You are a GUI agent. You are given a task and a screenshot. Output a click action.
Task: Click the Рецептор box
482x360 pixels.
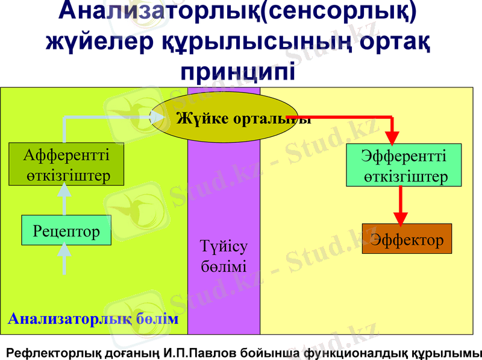click(x=66, y=230)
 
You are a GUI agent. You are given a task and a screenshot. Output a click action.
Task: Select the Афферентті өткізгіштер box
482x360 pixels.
click(x=66, y=164)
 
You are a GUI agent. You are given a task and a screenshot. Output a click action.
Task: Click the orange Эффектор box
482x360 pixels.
click(x=407, y=239)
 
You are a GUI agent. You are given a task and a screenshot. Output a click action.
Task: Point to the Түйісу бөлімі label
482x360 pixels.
click(x=224, y=256)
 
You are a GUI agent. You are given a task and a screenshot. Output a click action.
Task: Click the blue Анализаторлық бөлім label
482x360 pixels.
click(x=93, y=318)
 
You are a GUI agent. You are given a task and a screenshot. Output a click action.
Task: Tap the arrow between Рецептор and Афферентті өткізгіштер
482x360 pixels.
click(x=64, y=199)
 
